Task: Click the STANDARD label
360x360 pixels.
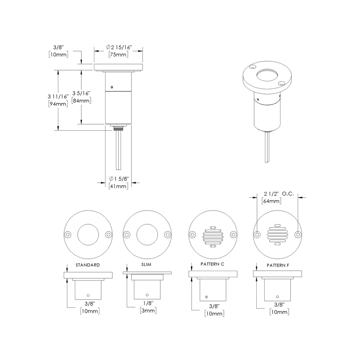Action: click(x=87, y=265)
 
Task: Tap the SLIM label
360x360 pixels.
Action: click(x=147, y=265)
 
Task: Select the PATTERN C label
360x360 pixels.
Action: click(x=212, y=264)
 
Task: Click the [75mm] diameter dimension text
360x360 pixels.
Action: click(x=118, y=55)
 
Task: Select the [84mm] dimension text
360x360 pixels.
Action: click(x=81, y=100)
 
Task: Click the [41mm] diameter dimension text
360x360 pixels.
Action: click(x=118, y=186)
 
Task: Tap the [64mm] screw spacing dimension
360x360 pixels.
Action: click(x=272, y=201)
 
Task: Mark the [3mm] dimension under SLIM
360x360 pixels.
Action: click(x=147, y=310)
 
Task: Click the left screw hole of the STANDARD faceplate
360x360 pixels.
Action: click(x=67, y=235)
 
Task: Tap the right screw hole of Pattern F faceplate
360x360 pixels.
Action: click(x=297, y=235)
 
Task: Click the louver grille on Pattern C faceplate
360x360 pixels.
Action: click(x=212, y=237)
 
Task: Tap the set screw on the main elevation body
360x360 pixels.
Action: click(x=112, y=86)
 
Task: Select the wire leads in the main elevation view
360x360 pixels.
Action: click(x=119, y=151)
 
